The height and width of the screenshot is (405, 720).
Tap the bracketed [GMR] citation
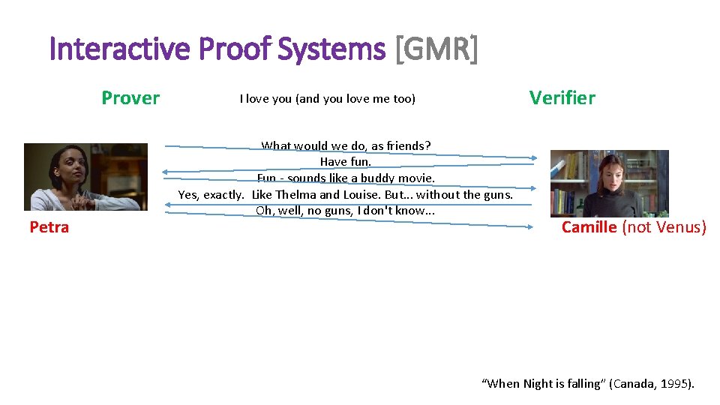tap(435, 49)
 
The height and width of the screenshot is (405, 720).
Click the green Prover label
tap(130, 98)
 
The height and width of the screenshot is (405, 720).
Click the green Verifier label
tap(562, 98)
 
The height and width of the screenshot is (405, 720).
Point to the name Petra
tap(49, 227)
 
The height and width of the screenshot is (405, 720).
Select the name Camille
tap(589, 227)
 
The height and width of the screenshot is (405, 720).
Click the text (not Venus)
tap(664, 227)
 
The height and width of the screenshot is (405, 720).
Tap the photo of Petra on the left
tap(85, 177)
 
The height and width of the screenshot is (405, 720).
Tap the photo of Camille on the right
tap(609, 184)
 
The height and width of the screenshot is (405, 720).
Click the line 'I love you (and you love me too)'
tap(327, 99)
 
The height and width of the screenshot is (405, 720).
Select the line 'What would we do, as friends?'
tap(346, 146)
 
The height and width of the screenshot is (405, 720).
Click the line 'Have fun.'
tap(346, 162)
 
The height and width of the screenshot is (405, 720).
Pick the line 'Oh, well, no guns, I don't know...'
tap(346, 211)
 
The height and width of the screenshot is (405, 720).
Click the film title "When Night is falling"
tap(544, 384)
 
